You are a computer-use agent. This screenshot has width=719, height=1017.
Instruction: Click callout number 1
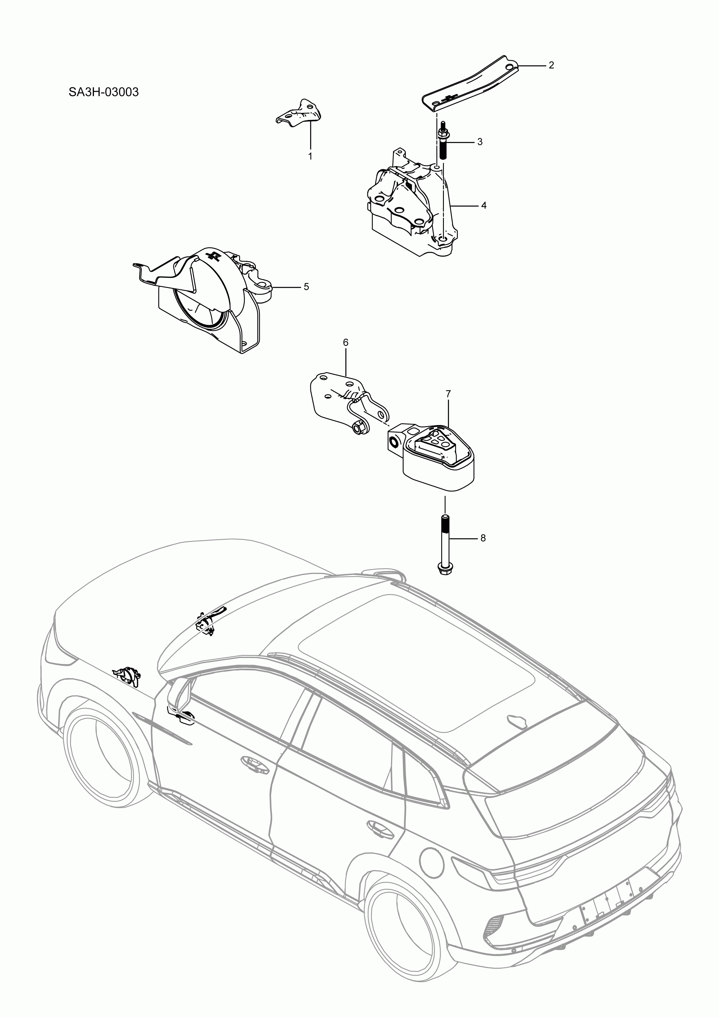pos(310,156)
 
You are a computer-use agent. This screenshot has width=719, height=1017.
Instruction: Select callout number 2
pos(551,65)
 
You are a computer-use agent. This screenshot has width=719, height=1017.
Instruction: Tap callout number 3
pos(480,142)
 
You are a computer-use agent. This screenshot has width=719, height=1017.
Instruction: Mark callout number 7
pos(448,393)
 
